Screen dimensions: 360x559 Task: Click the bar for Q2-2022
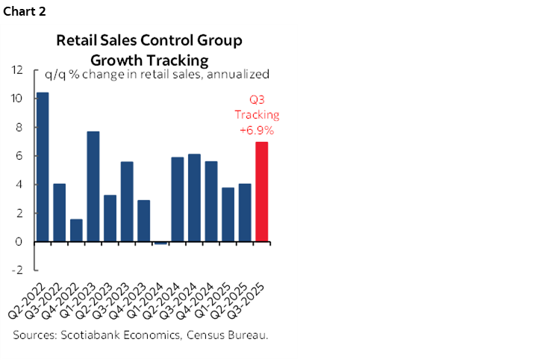[43, 167]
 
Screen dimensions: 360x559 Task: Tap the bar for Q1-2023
[93, 187]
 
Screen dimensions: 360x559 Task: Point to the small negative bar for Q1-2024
[160, 243]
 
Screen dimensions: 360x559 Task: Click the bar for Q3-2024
[194, 198]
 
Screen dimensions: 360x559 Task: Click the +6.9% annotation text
[256, 129]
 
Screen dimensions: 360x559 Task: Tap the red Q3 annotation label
[257, 102]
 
